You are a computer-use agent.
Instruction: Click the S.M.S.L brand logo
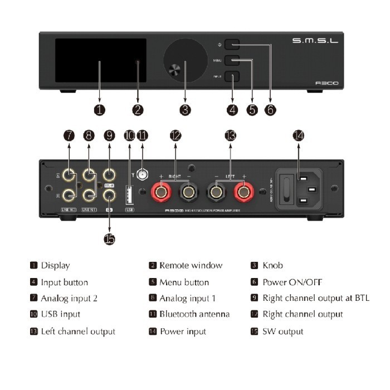(x=315, y=40)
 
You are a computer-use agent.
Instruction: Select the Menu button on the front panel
(x=232, y=60)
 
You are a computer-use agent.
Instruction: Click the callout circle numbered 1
(x=99, y=110)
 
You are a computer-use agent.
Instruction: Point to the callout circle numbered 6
(x=270, y=110)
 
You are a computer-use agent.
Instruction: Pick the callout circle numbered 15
(x=109, y=238)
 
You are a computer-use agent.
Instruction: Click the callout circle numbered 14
(x=299, y=135)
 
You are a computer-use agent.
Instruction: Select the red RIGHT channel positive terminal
(x=162, y=193)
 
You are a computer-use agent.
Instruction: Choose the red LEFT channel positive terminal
(x=243, y=193)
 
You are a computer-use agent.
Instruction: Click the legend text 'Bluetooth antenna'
(x=194, y=314)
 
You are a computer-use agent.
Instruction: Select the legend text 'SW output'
(x=283, y=331)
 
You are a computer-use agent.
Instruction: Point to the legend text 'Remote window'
(x=191, y=266)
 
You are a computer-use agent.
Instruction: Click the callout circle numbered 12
(x=175, y=135)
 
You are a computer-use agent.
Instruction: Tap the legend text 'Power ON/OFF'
(x=292, y=282)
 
